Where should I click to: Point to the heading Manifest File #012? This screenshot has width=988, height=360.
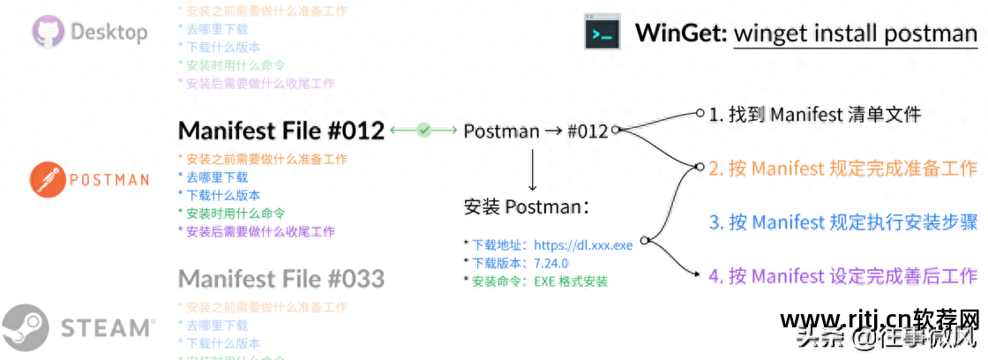(281, 131)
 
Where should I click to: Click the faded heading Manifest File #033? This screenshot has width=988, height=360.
(281, 279)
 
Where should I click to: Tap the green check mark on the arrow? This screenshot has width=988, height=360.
(424, 131)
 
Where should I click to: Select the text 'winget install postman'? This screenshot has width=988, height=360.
(856, 34)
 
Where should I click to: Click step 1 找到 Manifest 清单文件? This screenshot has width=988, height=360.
(815, 114)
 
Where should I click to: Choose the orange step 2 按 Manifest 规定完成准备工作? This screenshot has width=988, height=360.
(842, 168)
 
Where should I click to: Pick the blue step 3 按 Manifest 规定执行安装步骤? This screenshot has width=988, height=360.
(842, 222)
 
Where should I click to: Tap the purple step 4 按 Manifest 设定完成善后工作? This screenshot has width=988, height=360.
(842, 276)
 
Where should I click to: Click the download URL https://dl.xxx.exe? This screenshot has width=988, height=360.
(582, 245)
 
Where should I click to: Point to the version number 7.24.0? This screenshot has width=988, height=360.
(551, 264)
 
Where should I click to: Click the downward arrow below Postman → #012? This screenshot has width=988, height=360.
(533, 170)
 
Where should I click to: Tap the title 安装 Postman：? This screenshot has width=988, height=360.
(526, 208)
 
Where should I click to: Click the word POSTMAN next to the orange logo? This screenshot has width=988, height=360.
(109, 180)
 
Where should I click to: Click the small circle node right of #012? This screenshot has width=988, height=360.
(615, 131)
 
